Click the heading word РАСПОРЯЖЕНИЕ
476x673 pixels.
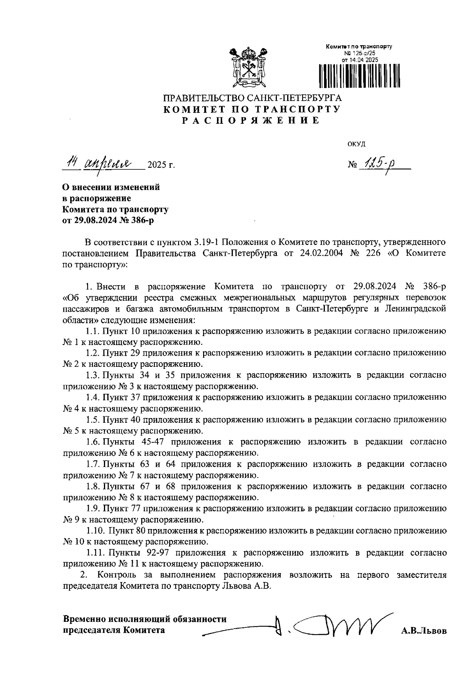click(251, 121)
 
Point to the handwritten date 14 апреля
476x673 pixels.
click(102, 163)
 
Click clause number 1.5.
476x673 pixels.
click(93, 420)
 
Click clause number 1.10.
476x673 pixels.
click(95, 531)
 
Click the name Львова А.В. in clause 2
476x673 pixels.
click(245, 586)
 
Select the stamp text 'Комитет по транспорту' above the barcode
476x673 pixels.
click(359, 47)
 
